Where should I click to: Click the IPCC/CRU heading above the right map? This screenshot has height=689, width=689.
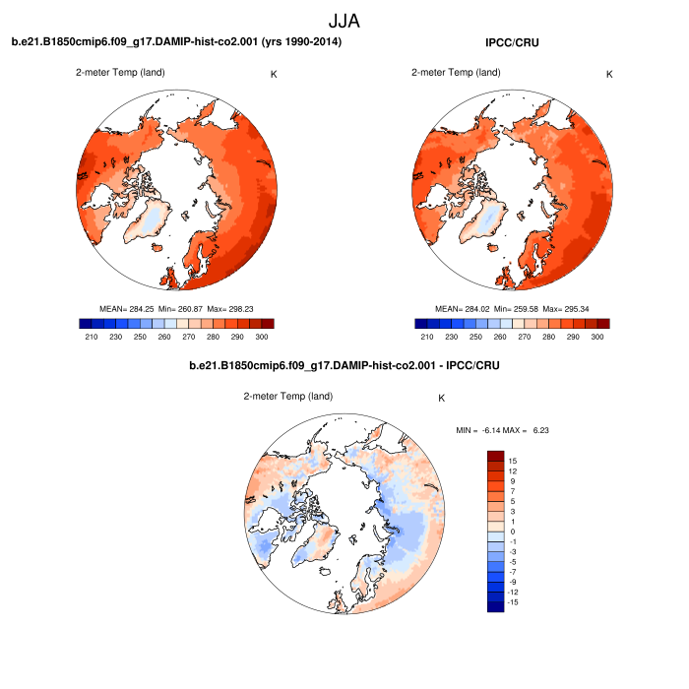pos(512,42)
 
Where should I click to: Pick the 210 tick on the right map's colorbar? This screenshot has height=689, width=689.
pos(426,337)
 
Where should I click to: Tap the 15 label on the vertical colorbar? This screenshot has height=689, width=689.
pos(513,461)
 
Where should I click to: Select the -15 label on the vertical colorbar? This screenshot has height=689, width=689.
pos(511,601)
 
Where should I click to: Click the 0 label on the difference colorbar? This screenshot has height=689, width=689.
pos(513,532)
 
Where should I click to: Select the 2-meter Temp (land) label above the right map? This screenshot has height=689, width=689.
pos(455,72)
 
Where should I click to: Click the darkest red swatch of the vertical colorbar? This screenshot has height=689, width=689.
pos(495,456)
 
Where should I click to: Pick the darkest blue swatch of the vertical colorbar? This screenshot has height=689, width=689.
pos(495,606)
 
